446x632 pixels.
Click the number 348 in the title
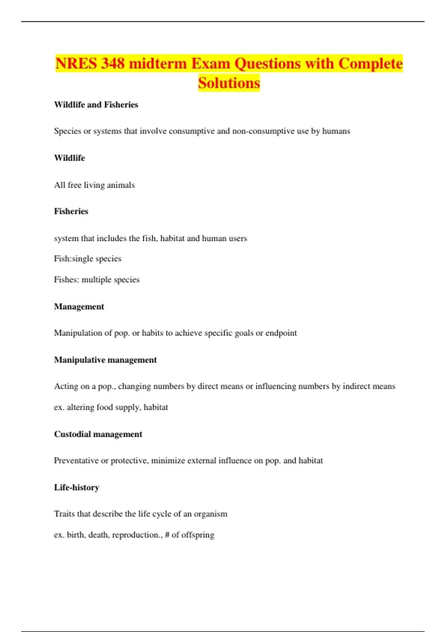coord(113,64)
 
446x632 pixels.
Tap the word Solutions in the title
coord(229,83)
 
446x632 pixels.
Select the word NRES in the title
coord(76,64)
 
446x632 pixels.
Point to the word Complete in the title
coord(370,64)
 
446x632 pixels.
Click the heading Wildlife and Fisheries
coord(96,105)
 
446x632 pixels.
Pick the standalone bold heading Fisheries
coord(71,211)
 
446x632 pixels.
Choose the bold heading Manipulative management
coord(105,360)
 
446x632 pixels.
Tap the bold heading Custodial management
coord(98,434)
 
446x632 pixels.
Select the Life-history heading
coord(77,487)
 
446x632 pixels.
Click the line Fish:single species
coord(88,259)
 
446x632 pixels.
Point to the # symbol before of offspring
coord(167,535)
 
